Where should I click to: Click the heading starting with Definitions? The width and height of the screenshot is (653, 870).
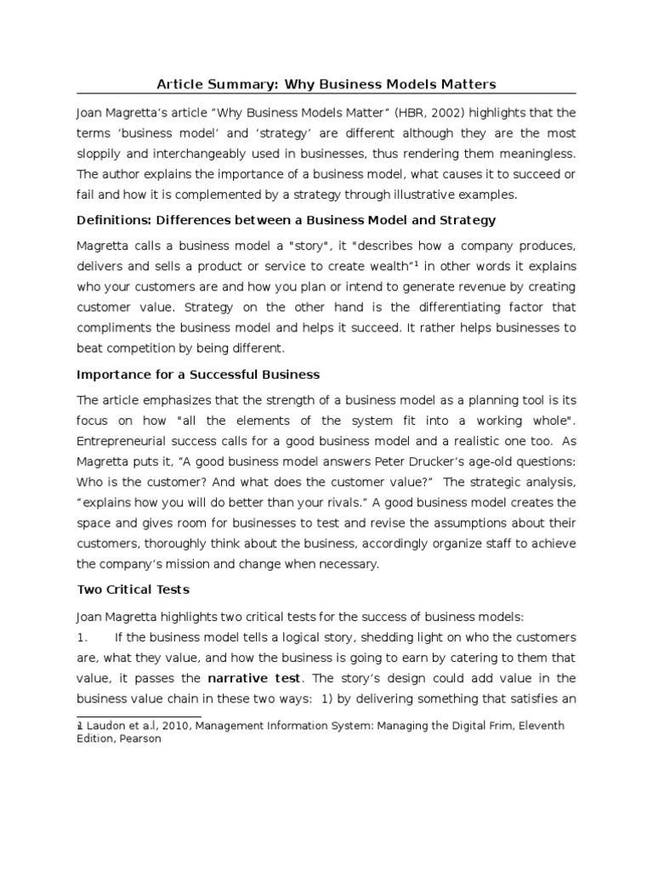[286, 220]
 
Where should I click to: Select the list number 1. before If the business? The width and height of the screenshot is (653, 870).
[82, 637]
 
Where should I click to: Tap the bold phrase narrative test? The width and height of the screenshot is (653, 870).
[253, 678]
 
